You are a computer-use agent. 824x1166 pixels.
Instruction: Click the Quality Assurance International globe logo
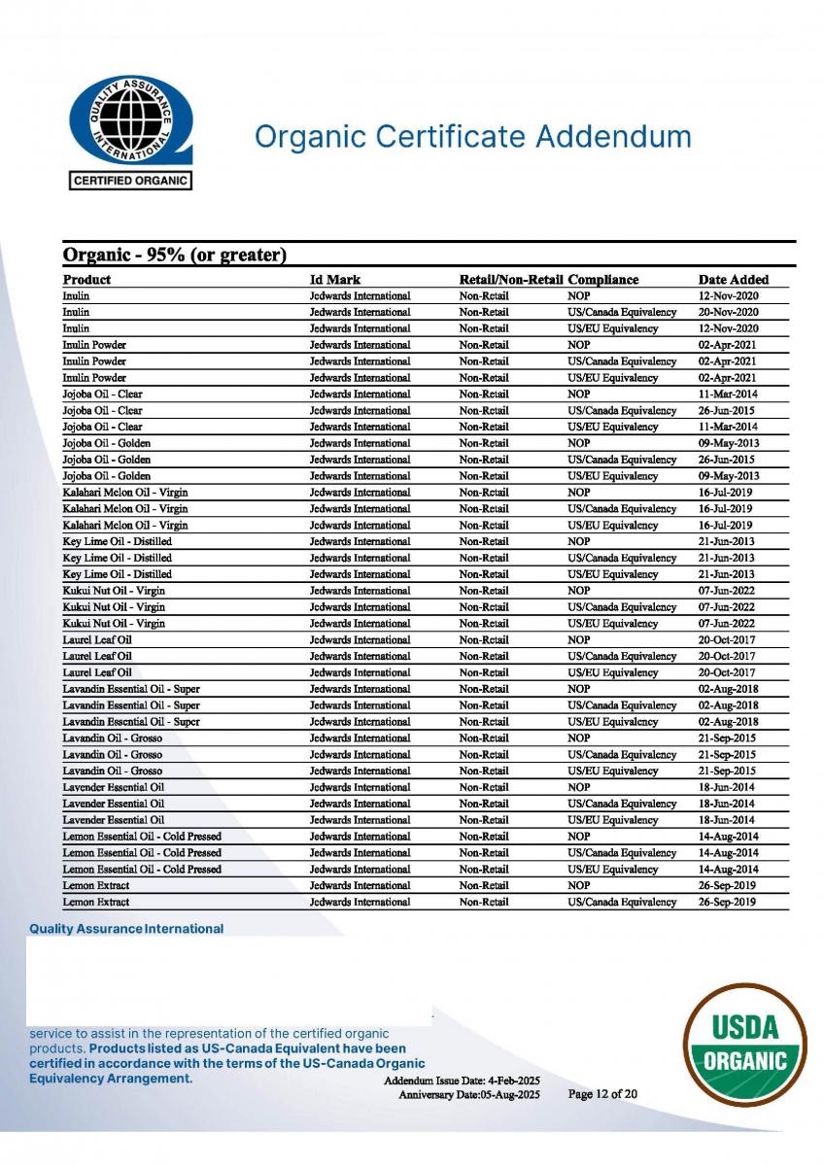(130, 120)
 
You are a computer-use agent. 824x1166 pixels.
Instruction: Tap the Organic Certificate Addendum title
(472, 136)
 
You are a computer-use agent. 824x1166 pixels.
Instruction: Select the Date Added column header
(733, 280)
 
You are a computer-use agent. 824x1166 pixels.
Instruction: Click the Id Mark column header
(335, 280)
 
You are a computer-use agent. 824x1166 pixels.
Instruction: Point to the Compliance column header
(603, 280)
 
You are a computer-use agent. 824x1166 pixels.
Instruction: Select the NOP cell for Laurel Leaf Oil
(578, 639)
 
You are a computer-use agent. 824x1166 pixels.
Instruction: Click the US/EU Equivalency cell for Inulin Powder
(612, 377)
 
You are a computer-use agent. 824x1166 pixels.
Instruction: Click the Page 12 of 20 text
(602, 1094)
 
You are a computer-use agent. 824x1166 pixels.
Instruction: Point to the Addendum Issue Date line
(462, 1081)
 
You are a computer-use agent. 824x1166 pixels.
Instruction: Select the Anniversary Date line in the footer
(468, 1095)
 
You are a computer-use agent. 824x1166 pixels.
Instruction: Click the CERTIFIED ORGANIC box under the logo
(130, 181)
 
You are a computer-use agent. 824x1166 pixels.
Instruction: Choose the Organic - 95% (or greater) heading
(174, 256)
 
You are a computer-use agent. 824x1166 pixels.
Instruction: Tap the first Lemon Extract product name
(95, 885)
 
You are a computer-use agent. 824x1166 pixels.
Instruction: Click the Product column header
(86, 280)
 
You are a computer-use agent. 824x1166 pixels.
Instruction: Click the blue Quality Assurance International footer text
(126, 929)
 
